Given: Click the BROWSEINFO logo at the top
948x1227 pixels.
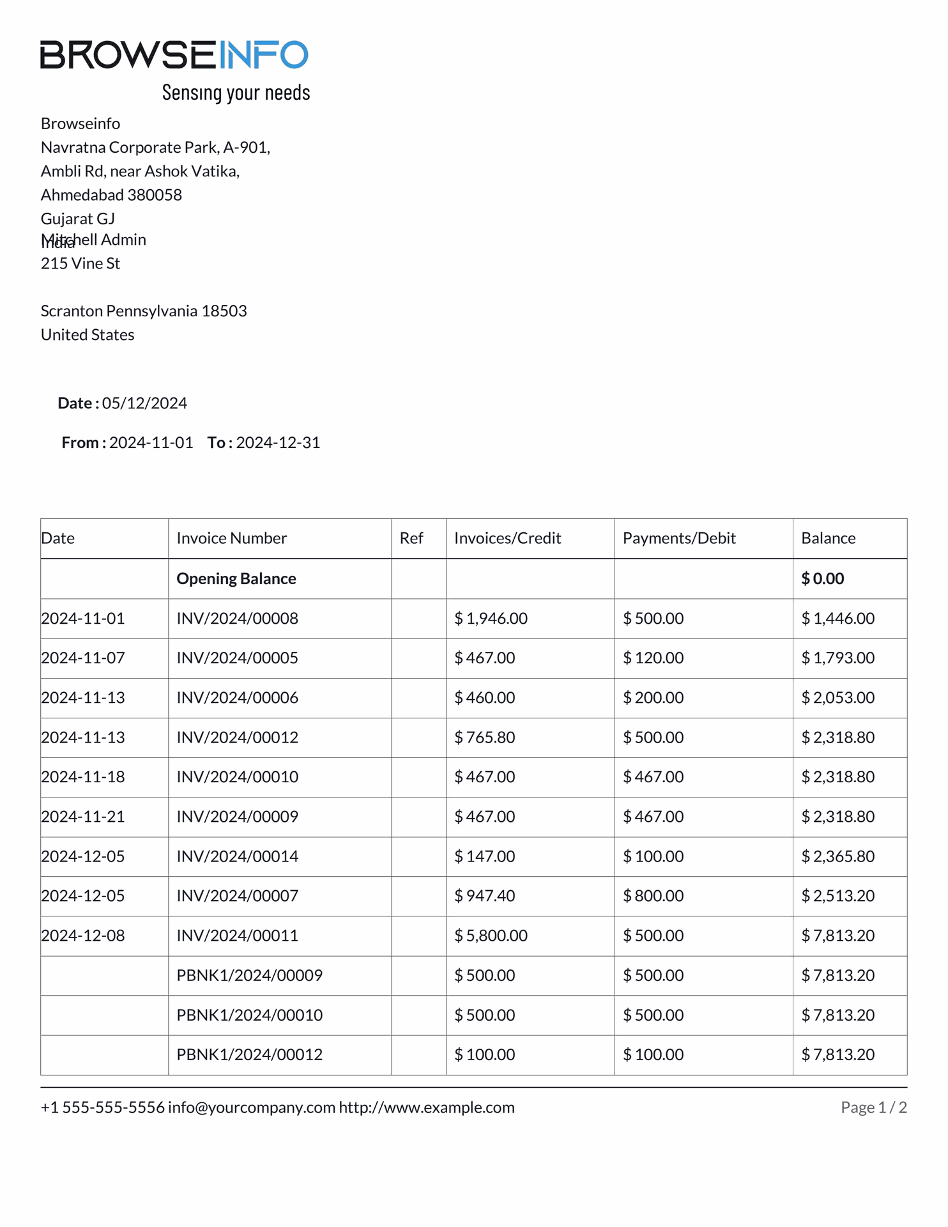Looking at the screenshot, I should click(x=174, y=55).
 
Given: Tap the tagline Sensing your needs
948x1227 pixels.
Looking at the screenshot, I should click(x=236, y=93).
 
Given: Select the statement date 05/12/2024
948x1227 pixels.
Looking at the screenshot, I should click(x=144, y=403).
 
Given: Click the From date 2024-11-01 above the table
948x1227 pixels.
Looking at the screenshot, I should click(x=151, y=443).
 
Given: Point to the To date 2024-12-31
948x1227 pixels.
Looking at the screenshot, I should click(x=278, y=443).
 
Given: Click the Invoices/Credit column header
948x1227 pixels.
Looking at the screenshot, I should click(x=507, y=538).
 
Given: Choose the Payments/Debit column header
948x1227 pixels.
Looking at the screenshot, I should click(x=679, y=538).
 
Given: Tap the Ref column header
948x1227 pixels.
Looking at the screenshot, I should click(x=411, y=538).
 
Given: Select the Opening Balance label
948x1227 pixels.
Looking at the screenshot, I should click(x=236, y=578).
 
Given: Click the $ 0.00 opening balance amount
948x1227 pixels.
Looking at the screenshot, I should click(x=823, y=578).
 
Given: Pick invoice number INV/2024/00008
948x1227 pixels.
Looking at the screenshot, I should click(x=237, y=619).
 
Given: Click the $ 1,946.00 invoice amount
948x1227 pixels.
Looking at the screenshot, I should click(x=491, y=619).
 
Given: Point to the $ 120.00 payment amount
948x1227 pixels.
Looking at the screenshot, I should click(x=653, y=658).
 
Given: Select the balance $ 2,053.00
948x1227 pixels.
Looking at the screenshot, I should click(x=837, y=698).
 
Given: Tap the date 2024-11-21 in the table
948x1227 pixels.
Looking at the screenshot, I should click(x=83, y=817).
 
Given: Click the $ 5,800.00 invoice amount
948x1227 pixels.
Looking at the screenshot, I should click(x=491, y=936).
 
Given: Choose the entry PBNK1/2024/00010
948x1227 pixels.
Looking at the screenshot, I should click(x=249, y=1015).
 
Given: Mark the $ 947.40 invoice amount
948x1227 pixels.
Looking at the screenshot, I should click(x=484, y=896).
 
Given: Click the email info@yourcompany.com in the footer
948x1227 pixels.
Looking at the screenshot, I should click(x=252, y=1107).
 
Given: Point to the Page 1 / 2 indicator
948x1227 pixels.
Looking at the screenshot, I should click(x=873, y=1107).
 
